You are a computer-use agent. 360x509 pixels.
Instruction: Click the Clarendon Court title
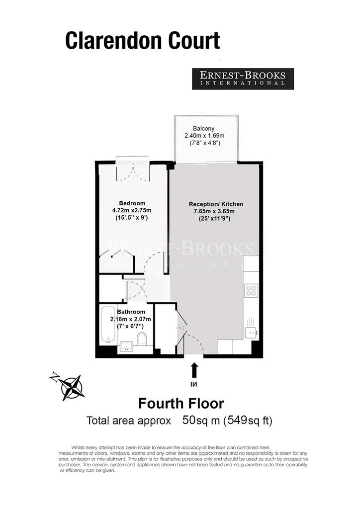pos(143,41)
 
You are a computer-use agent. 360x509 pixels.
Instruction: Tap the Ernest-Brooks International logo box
pos(243,79)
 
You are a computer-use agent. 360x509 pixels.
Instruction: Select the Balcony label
pos(204,129)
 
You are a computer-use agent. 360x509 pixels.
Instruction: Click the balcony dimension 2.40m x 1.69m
pos(204,135)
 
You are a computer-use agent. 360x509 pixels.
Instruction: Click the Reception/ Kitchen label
pos(216,204)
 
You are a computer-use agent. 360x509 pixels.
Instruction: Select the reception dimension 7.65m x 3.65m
pos(214,211)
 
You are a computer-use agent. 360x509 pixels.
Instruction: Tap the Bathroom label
pos(131,312)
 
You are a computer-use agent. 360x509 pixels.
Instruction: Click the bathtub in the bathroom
pos(108,324)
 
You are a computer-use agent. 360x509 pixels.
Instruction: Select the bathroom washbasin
pos(127,347)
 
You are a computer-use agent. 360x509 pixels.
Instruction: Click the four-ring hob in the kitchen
pos(251,290)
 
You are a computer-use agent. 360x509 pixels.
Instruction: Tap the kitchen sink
pos(251,332)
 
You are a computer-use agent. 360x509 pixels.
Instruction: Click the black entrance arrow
pos(194,370)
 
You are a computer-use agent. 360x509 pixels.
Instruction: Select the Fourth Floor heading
pos(181,404)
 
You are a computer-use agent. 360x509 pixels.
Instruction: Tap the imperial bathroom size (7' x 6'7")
pos(130,326)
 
